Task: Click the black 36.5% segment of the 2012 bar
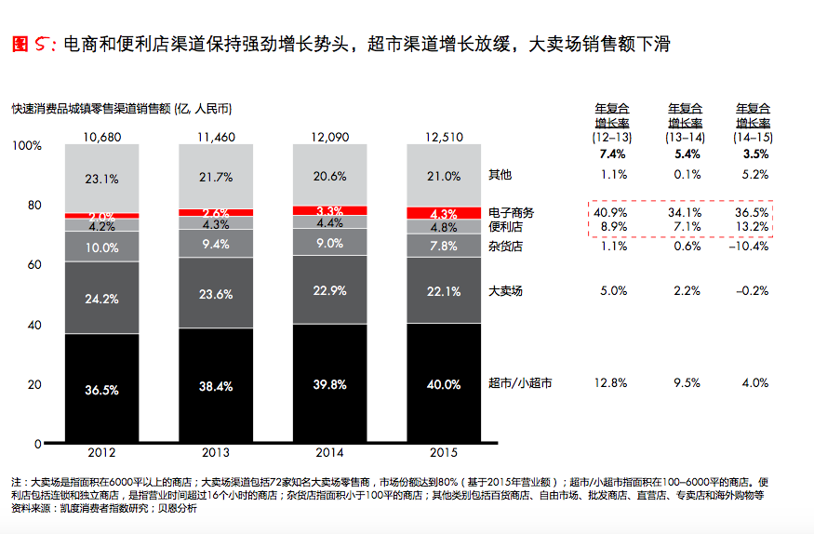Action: [x=101, y=388]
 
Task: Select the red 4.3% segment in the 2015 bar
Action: [x=444, y=213]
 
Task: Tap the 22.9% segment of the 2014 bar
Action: [x=329, y=290]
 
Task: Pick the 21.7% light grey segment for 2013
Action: [x=216, y=177]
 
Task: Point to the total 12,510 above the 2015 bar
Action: [x=444, y=137]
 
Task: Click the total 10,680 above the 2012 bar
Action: [x=101, y=137]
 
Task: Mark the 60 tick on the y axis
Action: [x=34, y=264]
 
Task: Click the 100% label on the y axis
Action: [x=26, y=145]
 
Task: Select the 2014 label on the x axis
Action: [x=329, y=452]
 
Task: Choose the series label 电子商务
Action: [x=511, y=213]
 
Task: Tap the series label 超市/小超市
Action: [x=520, y=383]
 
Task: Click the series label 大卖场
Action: [x=505, y=290]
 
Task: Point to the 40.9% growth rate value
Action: [x=610, y=213]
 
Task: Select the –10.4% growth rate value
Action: [x=749, y=246]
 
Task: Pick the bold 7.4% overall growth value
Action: [x=612, y=154]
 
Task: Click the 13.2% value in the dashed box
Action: [x=753, y=227]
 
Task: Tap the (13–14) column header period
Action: [x=686, y=138]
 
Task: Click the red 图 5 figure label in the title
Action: [x=33, y=44]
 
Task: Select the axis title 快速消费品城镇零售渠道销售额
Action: [x=91, y=109]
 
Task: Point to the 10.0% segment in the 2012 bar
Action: [x=101, y=247]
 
